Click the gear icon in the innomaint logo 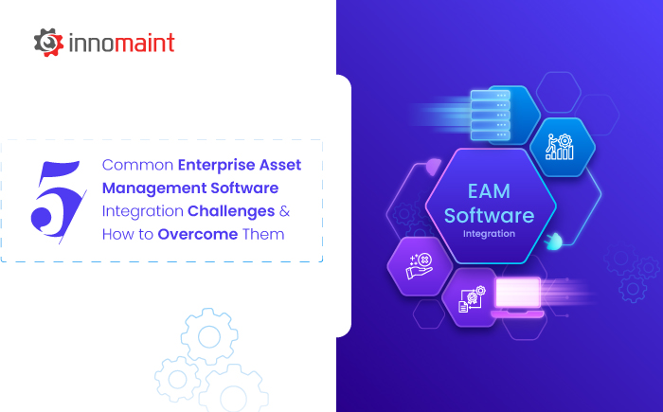pyautogui.click(x=48, y=43)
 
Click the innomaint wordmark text pyautogui.click(x=121, y=44)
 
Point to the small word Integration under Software pyautogui.click(x=490, y=233)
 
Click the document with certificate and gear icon pyautogui.click(x=471, y=296)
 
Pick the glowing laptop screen pyautogui.click(x=517, y=292)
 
